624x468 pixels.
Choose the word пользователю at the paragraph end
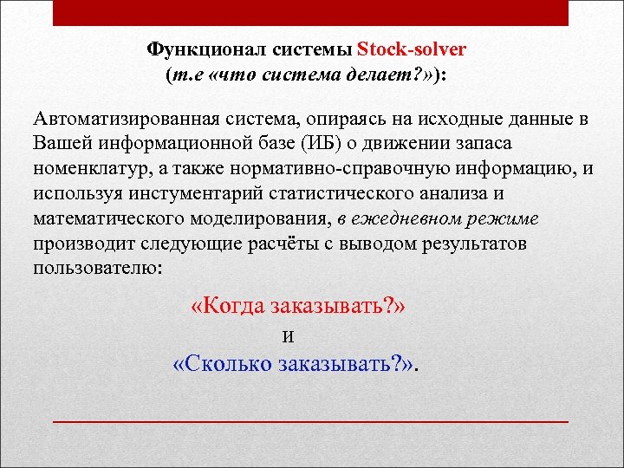tap(96, 268)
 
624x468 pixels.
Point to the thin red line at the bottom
tap(310, 420)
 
